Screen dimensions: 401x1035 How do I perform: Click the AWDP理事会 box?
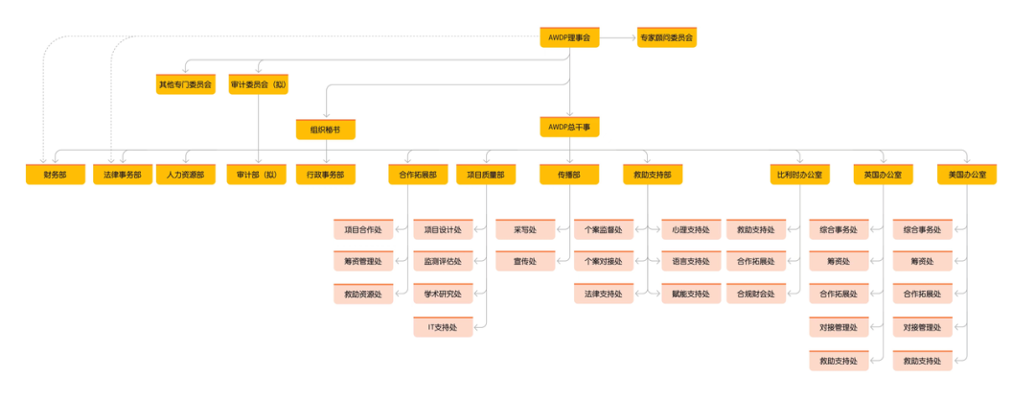[569, 38]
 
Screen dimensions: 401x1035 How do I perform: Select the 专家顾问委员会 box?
[666, 38]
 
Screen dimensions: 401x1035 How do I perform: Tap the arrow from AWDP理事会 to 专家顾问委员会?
[618, 38]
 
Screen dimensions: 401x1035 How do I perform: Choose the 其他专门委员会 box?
[186, 84]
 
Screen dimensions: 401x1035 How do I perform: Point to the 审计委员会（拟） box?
[259, 84]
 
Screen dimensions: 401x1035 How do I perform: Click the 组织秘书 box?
[326, 129]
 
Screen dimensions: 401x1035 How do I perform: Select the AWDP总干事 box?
[569, 127]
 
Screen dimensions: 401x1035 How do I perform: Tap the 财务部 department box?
[56, 175]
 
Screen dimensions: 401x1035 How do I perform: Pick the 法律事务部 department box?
[123, 175]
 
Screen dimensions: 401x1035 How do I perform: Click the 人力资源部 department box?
[186, 175]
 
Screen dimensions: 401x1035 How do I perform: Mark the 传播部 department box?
[569, 175]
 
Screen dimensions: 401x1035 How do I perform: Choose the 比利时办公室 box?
[799, 175]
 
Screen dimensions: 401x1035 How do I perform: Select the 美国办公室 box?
[967, 175]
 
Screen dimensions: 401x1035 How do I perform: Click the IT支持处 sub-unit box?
[443, 328]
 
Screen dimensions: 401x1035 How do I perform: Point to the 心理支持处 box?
[691, 230]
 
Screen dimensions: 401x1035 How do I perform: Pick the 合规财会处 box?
[756, 294]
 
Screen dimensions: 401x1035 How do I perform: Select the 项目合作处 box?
[363, 230]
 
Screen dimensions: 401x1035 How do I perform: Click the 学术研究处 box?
[443, 294]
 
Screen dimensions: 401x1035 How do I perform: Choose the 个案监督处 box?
[604, 230]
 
